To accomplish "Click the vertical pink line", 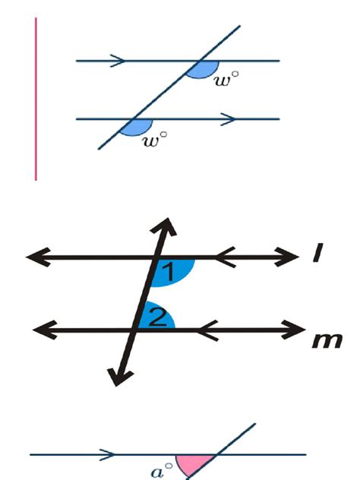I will point(36,99).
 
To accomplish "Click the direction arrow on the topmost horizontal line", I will point(117,60).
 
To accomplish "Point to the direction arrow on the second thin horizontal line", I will point(227,118).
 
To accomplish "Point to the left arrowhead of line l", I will point(35,257).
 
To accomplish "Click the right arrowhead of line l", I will point(293,257).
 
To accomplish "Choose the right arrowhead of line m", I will point(297,329).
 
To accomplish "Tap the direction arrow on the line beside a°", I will point(109,455).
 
